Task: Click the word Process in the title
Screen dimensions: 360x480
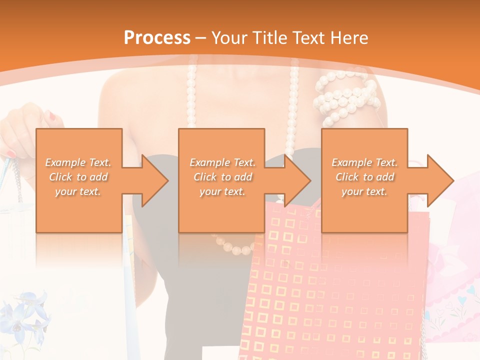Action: click(x=157, y=38)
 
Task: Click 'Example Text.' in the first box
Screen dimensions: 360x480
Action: click(x=78, y=162)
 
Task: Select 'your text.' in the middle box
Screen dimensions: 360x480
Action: click(x=221, y=191)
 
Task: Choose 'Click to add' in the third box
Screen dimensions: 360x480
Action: click(x=364, y=177)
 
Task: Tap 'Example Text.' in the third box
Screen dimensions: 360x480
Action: click(x=364, y=162)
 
